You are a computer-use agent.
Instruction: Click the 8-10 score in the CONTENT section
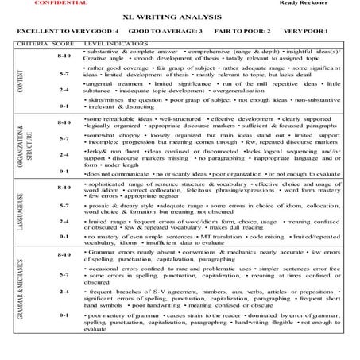64,56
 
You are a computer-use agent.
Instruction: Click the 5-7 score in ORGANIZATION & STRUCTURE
64,138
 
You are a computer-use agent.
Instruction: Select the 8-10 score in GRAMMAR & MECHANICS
64,254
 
